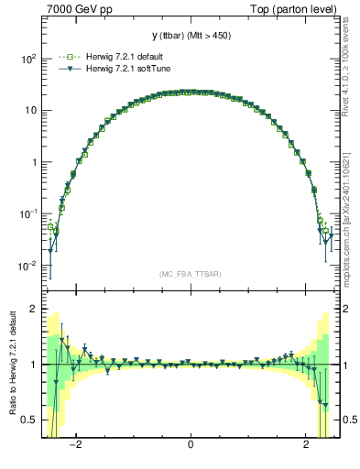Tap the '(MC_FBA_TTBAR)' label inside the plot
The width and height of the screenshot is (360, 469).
pos(191,274)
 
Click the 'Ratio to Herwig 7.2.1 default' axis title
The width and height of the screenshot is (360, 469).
pos(12,365)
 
